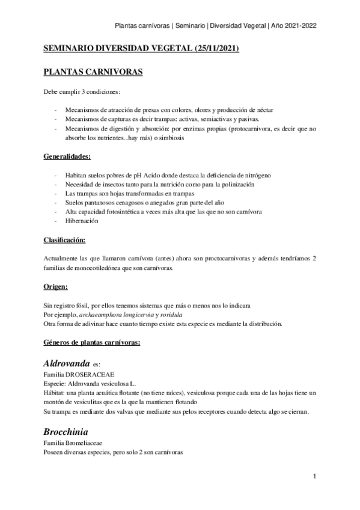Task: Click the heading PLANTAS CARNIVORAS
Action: click(93, 72)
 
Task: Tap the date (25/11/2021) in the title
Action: click(213, 49)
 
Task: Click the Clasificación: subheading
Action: click(65, 240)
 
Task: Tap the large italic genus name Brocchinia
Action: click(65, 432)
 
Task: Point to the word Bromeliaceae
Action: click(88, 443)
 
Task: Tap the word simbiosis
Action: click(172, 137)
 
